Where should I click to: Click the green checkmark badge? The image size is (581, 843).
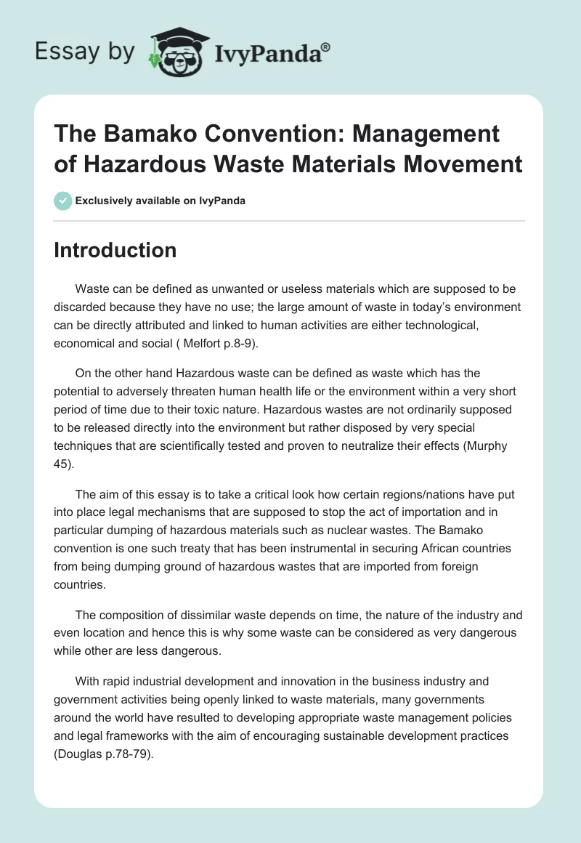click(x=62, y=201)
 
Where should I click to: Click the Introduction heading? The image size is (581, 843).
click(x=115, y=251)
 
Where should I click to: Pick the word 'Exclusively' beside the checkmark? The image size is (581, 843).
click(x=102, y=201)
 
